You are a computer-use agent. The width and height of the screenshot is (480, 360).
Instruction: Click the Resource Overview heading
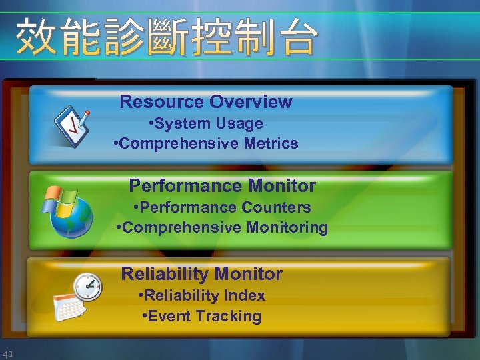[x=205, y=102]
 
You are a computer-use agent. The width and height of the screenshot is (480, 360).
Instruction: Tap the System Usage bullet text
[x=206, y=123]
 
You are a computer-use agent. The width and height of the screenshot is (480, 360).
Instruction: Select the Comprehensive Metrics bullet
[x=206, y=143]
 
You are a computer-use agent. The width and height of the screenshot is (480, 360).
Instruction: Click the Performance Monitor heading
[x=222, y=185]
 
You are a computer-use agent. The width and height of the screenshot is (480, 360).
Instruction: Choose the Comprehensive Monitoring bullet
[x=222, y=227]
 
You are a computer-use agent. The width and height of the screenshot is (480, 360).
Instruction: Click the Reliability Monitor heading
[x=201, y=274]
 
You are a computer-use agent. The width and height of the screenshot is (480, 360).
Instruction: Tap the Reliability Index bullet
[x=201, y=295]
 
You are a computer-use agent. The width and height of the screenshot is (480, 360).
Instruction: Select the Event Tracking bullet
[x=201, y=316]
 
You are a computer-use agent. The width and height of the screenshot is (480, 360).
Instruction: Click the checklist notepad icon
[x=71, y=125]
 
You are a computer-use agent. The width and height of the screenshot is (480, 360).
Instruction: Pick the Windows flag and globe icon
[x=69, y=210]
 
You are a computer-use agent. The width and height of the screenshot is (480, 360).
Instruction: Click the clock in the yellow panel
[x=87, y=287]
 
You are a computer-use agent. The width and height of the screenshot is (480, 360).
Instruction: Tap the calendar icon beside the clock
[x=67, y=306]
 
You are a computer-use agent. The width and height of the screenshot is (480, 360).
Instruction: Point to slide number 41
[x=9, y=353]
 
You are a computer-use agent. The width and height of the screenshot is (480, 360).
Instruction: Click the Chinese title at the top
[x=165, y=37]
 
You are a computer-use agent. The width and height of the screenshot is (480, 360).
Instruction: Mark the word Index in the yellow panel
[x=245, y=295]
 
